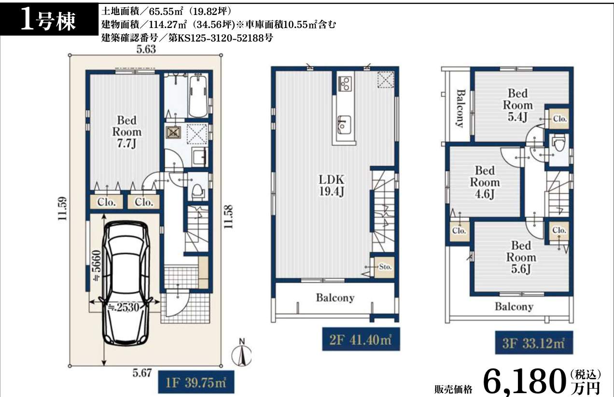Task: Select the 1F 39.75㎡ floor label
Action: click(x=196, y=382)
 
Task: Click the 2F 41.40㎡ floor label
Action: click(x=361, y=340)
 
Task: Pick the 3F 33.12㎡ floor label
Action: click(x=534, y=343)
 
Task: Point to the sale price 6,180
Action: click(x=524, y=382)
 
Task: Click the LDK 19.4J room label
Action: click(x=332, y=185)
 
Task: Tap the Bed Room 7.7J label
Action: click(x=126, y=131)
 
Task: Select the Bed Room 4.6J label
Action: click(x=485, y=182)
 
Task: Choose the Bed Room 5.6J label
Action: click(x=521, y=257)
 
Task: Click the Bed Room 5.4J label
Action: click(x=517, y=105)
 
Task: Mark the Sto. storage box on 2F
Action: click(x=384, y=267)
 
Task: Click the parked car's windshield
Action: click(x=126, y=246)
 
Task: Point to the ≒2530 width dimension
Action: click(x=124, y=307)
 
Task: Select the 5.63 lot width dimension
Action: click(x=146, y=49)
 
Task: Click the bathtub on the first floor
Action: click(x=198, y=96)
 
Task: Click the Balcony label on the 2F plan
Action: click(x=335, y=298)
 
